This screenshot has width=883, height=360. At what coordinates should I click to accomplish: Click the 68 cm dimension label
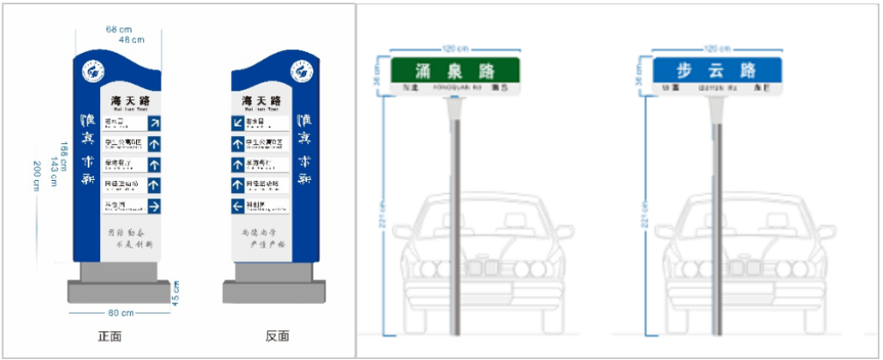(x=118, y=29)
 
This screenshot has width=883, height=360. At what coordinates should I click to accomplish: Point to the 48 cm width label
(x=132, y=40)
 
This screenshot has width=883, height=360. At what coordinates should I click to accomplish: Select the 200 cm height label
(x=36, y=176)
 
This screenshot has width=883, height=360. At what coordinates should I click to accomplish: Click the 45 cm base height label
(x=176, y=293)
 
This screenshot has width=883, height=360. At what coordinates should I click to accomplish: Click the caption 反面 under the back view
(x=276, y=336)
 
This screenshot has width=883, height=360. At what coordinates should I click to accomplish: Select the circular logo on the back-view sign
(x=302, y=71)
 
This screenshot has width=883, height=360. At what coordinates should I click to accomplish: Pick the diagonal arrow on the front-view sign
(x=154, y=123)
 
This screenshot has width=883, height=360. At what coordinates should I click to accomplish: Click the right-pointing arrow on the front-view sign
(x=154, y=206)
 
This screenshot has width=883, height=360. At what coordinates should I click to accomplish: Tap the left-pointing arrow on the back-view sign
(x=238, y=206)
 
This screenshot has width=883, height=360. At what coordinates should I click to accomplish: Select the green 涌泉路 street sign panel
(x=456, y=70)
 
